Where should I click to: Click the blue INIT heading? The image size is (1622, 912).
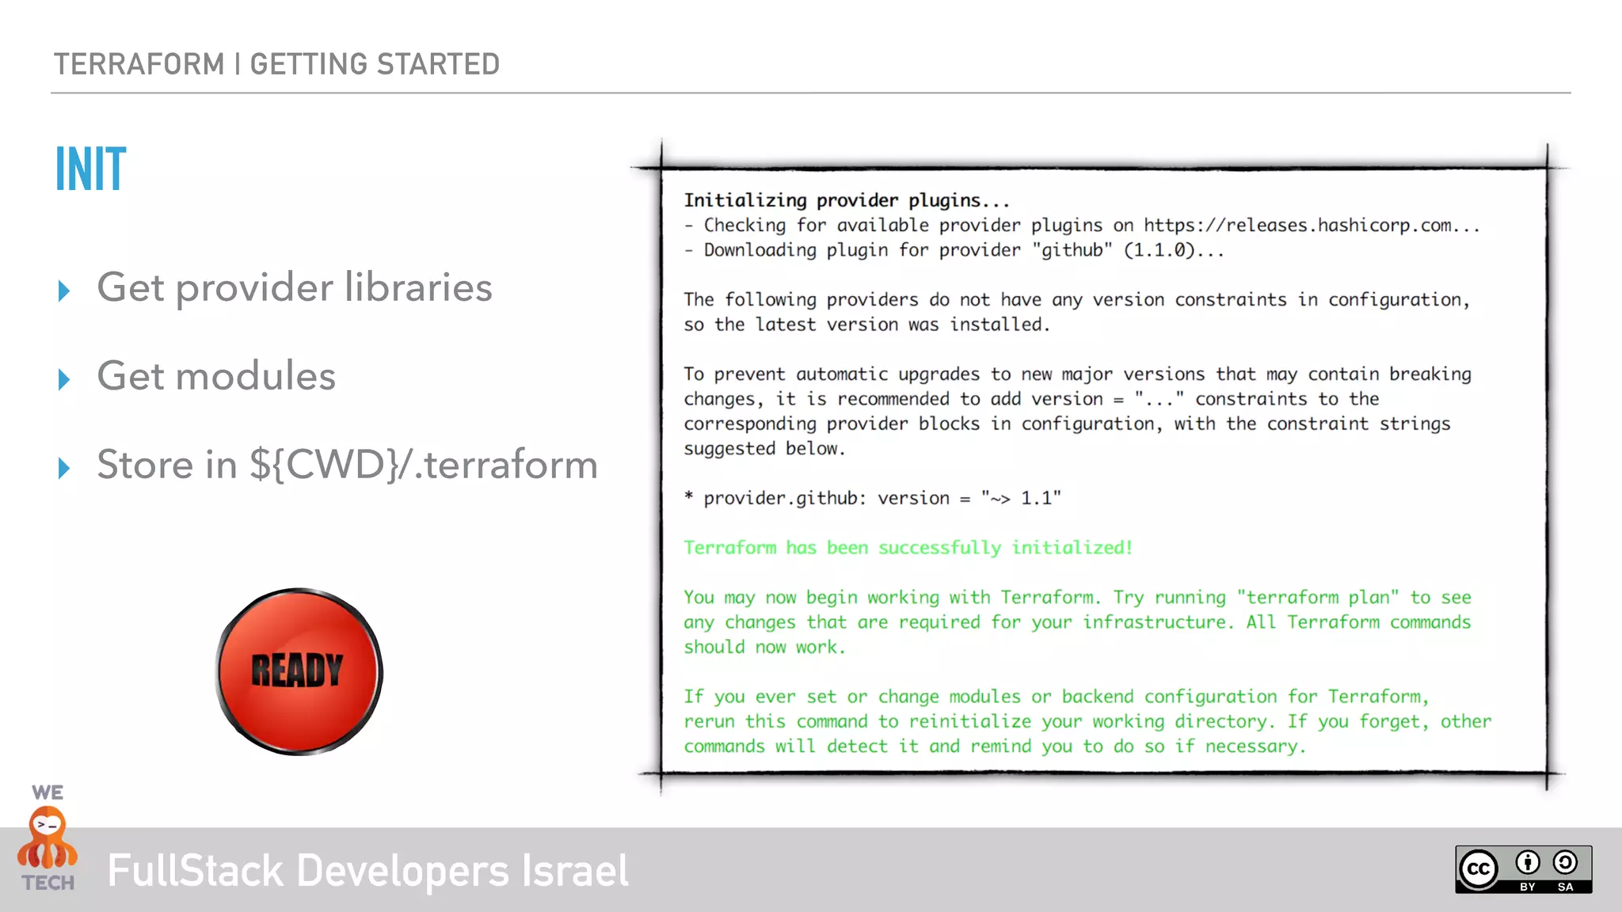pos(90,169)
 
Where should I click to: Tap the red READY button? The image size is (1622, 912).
pos(299,671)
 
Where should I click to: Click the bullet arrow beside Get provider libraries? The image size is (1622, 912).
pos(64,291)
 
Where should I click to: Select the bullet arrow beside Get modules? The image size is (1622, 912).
pos(64,379)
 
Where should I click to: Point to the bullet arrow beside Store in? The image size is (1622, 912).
pos(64,468)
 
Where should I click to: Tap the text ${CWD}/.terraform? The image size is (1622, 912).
pos(424,465)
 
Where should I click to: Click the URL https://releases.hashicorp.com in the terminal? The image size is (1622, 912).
pos(1297,226)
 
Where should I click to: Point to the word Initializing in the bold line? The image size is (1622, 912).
pos(745,200)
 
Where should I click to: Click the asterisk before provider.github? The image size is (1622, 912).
pos(689,497)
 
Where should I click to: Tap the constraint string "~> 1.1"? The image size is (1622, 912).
pos(1021,498)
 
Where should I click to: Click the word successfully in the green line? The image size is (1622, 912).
pos(939,548)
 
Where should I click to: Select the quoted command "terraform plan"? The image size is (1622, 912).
pos(1318,598)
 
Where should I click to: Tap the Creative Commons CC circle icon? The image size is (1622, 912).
pos(1478,869)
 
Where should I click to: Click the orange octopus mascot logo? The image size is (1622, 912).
pos(48,838)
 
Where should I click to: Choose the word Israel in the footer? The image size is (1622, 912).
pos(575,871)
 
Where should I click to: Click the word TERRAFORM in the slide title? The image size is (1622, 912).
pos(139,64)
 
